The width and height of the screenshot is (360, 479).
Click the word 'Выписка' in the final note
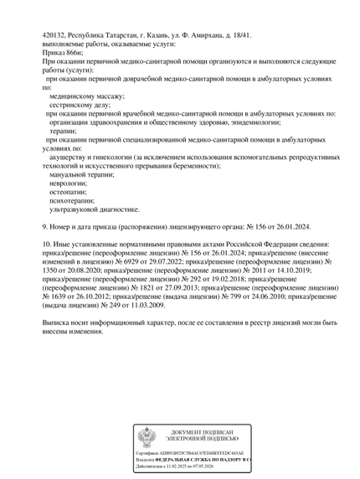point(58,322)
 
